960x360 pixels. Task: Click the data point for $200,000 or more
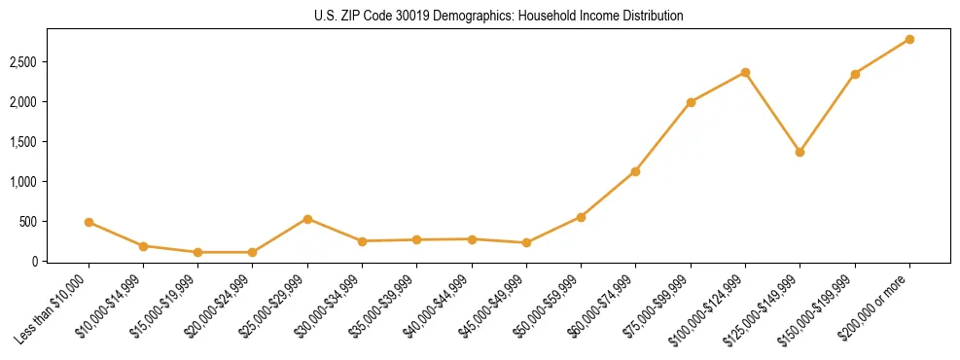click(x=909, y=39)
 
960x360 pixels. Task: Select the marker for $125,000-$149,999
click(x=800, y=152)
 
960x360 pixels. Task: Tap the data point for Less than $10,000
click(x=89, y=222)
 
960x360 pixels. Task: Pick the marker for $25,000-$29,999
click(x=307, y=219)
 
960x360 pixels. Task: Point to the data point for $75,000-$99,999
click(x=691, y=102)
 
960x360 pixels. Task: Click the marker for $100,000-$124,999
click(x=745, y=72)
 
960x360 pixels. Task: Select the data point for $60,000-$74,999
click(x=635, y=171)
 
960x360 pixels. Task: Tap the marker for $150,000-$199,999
click(x=855, y=74)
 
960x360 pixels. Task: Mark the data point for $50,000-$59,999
click(x=581, y=217)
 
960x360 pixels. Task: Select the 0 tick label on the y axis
click(x=38, y=262)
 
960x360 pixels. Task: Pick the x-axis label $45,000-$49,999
click(x=493, y=309)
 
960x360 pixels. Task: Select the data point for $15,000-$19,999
click(x=197, y=252)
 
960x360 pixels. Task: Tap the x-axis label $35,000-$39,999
click(x=383, y=309)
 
